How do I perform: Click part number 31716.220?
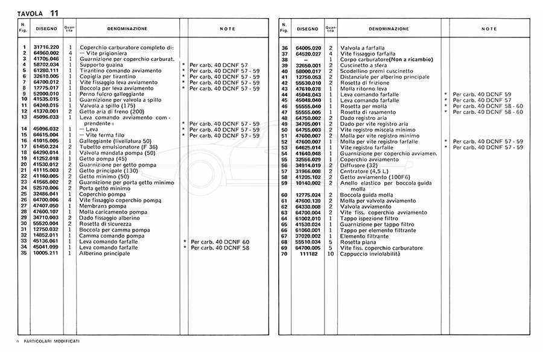tap(46, 48)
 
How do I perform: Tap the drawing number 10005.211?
tap(46, 253)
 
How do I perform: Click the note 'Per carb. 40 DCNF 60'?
tap(220, 242)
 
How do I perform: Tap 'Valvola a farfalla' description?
tap(363, 48)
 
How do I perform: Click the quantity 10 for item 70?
tap(331, 254)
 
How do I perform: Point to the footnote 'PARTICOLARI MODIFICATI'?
tap(52, 341)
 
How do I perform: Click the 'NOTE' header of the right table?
tap(489, 28)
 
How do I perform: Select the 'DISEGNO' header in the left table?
tap(46, 28)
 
